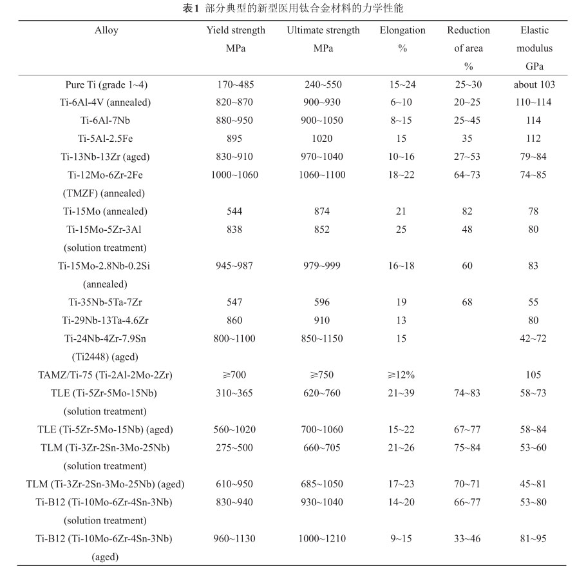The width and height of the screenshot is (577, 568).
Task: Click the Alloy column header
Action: (x=106, y=30)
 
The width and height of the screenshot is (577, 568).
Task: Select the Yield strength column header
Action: (x=236, y=30)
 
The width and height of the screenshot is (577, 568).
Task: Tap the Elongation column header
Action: (x=402, y=30)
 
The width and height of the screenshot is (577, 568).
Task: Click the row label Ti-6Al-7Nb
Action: (x=106, y=121)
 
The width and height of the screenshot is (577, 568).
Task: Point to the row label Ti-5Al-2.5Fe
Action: (x=106, y=139)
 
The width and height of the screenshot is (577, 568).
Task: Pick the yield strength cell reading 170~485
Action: (x=236, y=84)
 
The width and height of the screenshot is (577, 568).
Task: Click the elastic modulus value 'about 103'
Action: (x=534, y=84)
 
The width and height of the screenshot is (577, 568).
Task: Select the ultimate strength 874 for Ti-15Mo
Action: (x=323, y=211)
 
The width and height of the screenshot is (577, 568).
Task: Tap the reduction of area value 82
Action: (x=467, y=211)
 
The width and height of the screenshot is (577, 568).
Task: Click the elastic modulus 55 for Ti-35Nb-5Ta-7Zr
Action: (x=534, y=302)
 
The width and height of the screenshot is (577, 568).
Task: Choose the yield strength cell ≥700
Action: (x=236, y=375)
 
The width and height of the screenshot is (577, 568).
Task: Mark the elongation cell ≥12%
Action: (x=402, y=375)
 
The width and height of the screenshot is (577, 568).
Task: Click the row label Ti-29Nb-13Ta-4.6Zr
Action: (x=106, y=320)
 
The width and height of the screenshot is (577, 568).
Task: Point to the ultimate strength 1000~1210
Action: (x=323, y=539)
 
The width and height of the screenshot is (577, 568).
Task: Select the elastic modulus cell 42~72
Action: (x=534, y=338)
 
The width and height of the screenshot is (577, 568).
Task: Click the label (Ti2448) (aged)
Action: (x=106, y=357)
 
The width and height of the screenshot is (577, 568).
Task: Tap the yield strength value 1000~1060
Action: (x=236, y=175)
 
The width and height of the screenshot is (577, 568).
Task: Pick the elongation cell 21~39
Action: (x=402, y=393)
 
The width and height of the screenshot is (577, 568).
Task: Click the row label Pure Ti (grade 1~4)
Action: (x=106, y=84)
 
